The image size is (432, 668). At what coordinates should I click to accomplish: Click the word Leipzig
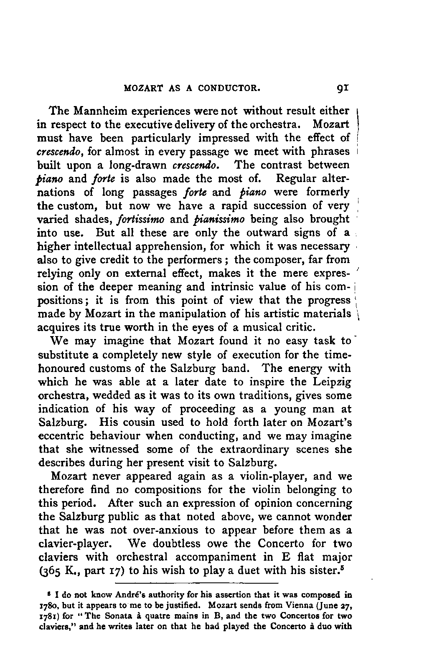(x=331, y=382)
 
